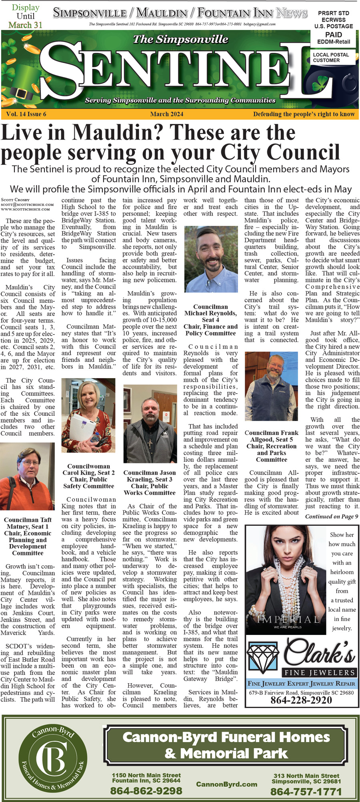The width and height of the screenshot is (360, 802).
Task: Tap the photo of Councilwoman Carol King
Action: [88, 416]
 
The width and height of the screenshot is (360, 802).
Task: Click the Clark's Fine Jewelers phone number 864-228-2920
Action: [301, 700]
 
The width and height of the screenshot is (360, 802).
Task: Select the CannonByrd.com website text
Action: [226, 784]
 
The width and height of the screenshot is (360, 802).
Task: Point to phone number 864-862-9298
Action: [146, 790]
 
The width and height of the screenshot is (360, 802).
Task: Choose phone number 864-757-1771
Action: [306, 792]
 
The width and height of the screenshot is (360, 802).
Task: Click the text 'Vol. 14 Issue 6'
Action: [26, 114]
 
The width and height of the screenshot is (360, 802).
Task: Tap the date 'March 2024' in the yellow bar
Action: [167, 114]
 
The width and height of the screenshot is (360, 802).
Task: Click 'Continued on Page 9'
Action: [332, 516]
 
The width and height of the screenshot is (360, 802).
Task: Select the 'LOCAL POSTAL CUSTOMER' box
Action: [331, 58]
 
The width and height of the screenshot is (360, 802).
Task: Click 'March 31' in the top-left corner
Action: [25, 25]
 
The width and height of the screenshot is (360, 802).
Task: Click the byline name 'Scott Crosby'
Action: [15, 200]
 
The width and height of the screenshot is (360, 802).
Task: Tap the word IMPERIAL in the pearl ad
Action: [288, 620]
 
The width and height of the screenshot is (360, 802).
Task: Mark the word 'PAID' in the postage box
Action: [333, 35]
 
